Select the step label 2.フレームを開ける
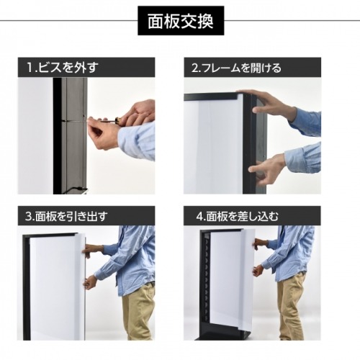[x=236, y=68]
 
